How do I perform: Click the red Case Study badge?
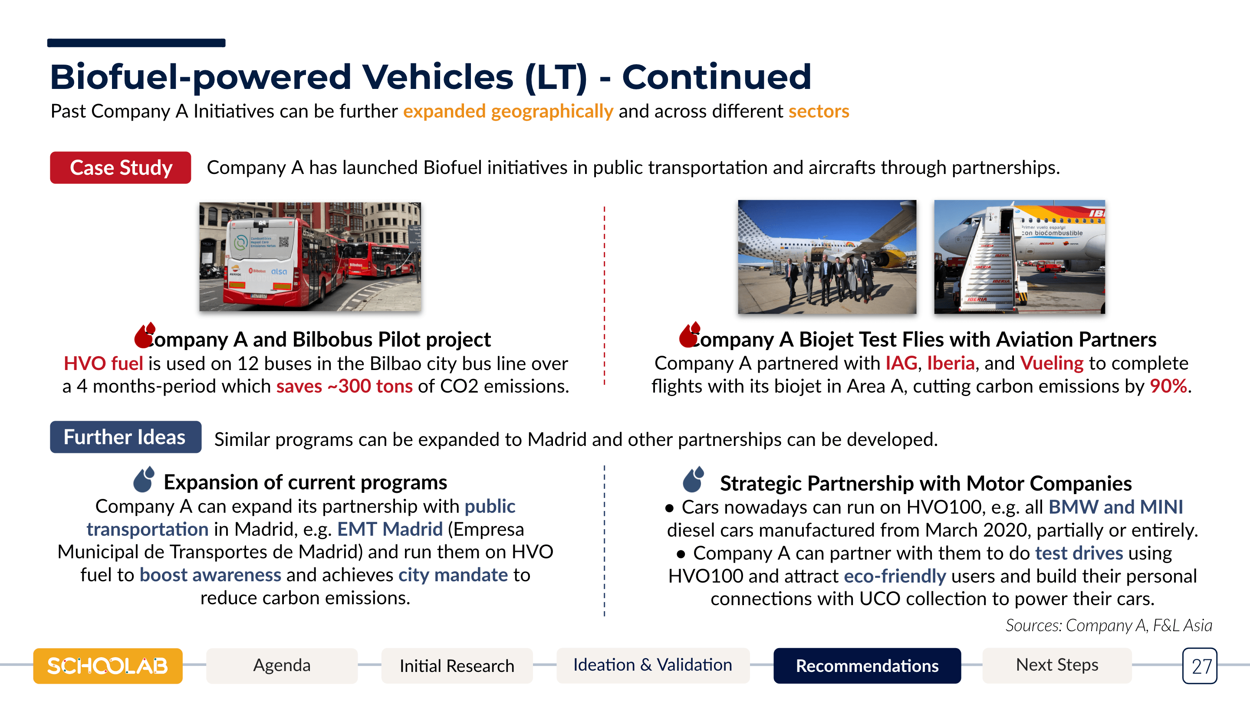[120, 167]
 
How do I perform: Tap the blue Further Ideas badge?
[125, 437]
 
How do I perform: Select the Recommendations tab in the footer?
[867, 665]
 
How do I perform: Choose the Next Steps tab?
[1057, 665]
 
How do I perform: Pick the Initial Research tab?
[457, 665]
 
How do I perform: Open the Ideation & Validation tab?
[653, 665]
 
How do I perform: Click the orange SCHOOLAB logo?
[108, 665]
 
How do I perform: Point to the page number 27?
[1200, 666]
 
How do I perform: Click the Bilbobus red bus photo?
[310, 257]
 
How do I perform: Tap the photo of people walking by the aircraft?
[827, 257]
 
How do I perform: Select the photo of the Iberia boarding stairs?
[1020, 257]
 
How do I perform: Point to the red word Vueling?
[1052, 363]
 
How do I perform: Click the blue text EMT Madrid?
[390, 529]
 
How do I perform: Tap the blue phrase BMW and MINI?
[1115, 507]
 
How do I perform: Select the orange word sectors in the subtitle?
[819, 111]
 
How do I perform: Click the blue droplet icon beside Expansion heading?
[144, 479]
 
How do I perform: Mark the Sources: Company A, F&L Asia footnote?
[1109, 626]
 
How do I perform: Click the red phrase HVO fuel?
[103, 364]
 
